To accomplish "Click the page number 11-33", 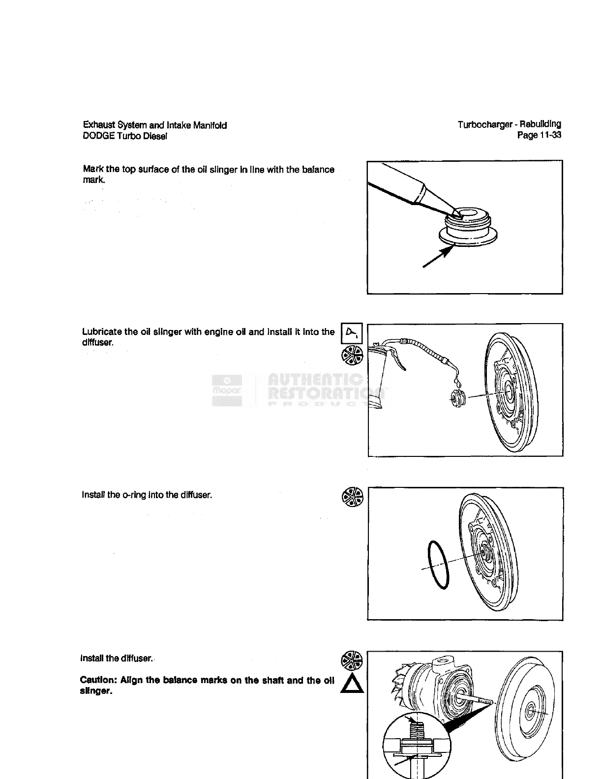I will point(547,135).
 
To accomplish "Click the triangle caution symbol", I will point(352,684).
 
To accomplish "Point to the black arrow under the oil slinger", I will point(438,257).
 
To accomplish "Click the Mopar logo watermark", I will point(227,391).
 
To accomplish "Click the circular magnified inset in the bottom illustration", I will point(416,747).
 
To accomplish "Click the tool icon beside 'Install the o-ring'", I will point(352,497).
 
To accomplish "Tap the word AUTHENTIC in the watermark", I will point(315,380).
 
